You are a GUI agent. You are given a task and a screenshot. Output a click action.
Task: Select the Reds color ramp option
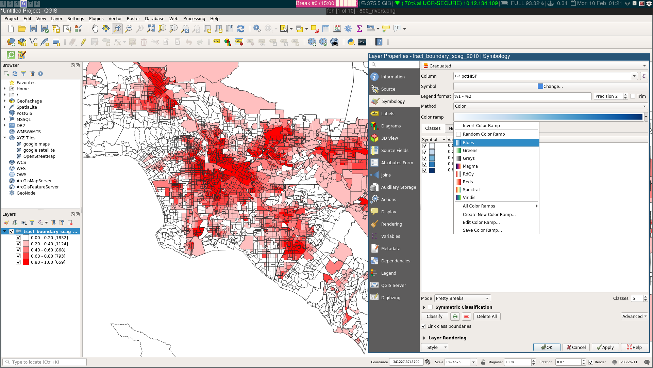click(468, 182)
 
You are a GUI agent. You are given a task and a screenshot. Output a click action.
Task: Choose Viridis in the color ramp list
click(469, 198)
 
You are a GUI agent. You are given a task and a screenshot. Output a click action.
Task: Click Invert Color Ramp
click(481, 126)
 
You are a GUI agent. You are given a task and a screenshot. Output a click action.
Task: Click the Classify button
click(434, 317)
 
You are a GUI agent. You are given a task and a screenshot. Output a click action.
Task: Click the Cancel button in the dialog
click(576, 348)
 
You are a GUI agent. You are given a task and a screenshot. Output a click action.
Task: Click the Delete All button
click(486, 317)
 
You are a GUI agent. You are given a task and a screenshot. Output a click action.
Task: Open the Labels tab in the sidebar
click(387, 114)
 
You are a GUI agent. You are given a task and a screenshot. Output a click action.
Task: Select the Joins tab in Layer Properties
click(386, 175)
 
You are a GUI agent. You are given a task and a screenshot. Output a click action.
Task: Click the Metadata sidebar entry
click(390, 249)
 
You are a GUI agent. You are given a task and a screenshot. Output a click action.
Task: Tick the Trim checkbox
click(633, 96)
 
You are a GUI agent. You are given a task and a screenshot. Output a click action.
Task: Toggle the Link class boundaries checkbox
click(423, 326)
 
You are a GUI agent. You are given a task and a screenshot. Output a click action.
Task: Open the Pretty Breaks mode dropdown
click(463, 298)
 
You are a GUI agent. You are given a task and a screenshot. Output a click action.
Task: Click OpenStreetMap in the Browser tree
click(39, 156)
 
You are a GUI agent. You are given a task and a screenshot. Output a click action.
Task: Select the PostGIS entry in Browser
click(24, 113)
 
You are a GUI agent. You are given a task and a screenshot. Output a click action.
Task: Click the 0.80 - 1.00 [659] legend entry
click(48, 262)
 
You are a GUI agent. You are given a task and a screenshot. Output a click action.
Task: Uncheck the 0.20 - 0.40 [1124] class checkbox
click(18, 244)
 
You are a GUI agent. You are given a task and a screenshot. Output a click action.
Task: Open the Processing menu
click(194, 19)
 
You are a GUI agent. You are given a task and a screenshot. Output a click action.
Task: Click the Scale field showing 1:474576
click(457, 362)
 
